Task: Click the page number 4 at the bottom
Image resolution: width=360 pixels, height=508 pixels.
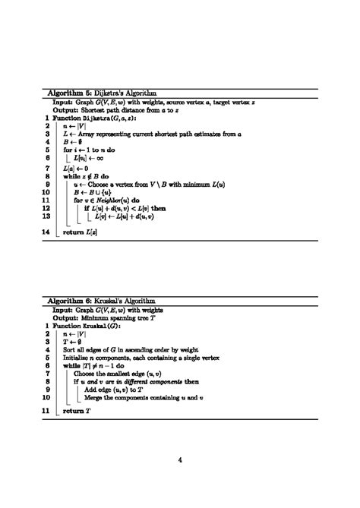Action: click(180, 458)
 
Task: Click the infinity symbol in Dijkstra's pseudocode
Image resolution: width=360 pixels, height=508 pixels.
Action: click(99, 158)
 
